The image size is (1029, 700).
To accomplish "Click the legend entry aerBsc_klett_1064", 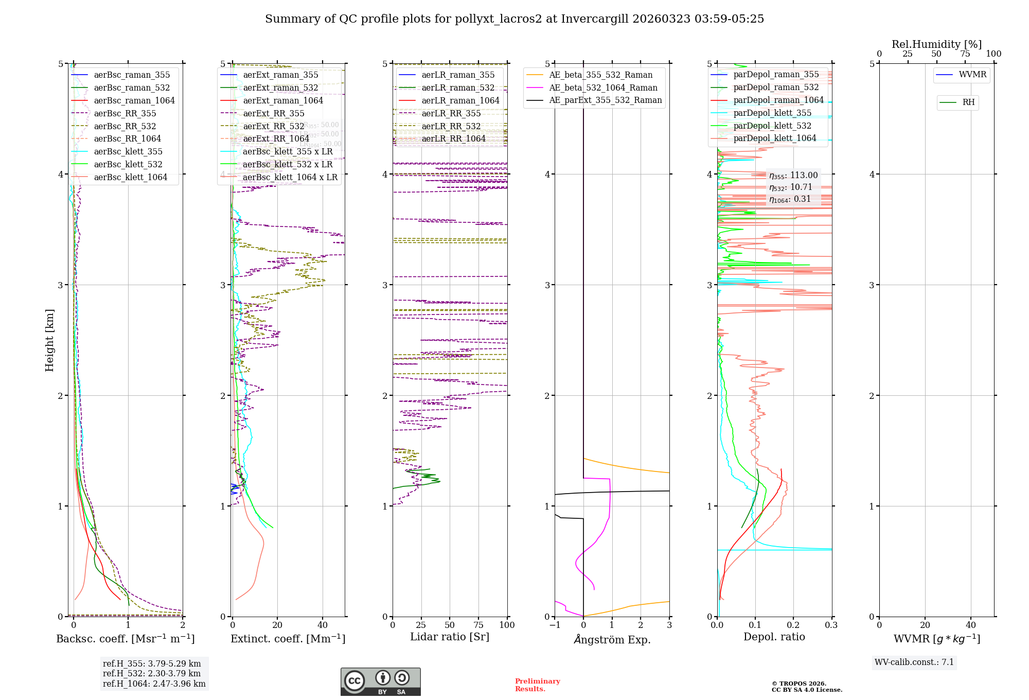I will (x=130, y=178).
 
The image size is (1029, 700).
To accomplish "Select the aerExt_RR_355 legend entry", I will (x=273, y=114).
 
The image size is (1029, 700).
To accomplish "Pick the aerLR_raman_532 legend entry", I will (x=457, y=88).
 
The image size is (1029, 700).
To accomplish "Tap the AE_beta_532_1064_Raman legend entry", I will (x=603, y=88).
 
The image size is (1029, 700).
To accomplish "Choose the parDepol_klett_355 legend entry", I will (x=772, y=113).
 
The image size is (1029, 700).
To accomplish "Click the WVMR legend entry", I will (x=972, y=75).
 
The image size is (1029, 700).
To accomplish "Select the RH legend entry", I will (x=968, y=102).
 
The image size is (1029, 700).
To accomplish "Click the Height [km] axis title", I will (x=49, y=340).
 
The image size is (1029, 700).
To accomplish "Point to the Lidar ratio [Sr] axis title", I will (x=449, y=637).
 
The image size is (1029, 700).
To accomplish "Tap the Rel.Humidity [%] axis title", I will (x=936, y=44).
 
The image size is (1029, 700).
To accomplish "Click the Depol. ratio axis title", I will (x=774, y=637).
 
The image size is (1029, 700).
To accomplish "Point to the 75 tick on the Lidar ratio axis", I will (x=478, y=625).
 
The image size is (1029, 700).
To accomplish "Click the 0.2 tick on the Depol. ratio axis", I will (x=793, y=625).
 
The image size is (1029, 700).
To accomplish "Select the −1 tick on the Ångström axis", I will (x=555, y=625).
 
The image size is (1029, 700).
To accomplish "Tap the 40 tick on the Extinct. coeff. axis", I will (x=323, y=625).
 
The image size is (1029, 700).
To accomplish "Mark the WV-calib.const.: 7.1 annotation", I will (x=914, y=662).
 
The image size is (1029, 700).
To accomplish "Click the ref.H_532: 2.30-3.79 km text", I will (x=151, y=673).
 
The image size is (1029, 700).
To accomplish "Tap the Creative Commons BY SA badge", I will (x=380, y=681).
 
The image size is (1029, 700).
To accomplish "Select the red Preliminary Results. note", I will (x=537, y=685).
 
